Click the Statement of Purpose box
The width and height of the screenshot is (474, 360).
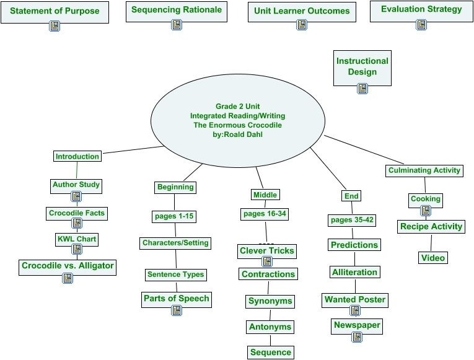(55, 11)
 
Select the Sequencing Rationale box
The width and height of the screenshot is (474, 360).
(176, 11)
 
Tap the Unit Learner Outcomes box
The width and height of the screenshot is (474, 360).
(302, 11)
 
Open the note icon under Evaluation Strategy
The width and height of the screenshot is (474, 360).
(421, 25)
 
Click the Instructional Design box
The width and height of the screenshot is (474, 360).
(362, 66)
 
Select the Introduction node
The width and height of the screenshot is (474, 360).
(77, 156)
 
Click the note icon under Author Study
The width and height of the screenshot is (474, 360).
(76, 196)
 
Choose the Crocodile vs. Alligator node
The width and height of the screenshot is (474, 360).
(68, 266)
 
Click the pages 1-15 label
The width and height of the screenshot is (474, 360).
(174, 216)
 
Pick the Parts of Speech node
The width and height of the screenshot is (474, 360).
(177, 298)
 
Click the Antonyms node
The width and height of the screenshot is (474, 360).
(270, 327)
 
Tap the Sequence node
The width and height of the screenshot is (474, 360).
(270, 353)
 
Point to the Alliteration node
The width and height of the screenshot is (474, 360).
(354, 272)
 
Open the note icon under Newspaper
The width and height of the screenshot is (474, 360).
(356, 337)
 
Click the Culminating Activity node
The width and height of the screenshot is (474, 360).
(424, 170)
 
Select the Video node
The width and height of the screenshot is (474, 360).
(432, 258)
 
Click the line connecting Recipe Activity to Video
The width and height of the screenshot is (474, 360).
(431, 242)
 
